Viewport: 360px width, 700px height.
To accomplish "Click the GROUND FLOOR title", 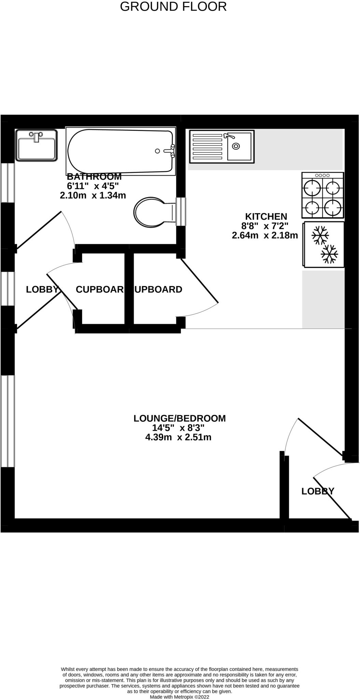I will point(173,6).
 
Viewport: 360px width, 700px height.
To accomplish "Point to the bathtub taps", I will point(172,151).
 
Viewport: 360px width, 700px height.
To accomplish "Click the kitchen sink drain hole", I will point(236,146).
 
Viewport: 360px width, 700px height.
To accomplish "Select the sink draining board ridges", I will point(207,147).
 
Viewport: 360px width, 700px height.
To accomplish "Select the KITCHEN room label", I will point(266,216).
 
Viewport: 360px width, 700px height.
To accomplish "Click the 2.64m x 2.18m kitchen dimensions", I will point(265,235).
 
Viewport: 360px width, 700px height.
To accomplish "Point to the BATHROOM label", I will point(94,177).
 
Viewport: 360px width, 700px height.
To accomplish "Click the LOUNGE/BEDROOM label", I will point(179,418).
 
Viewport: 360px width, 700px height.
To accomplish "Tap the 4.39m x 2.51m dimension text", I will point(178,437).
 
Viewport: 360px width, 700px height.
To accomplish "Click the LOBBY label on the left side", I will point(42,290).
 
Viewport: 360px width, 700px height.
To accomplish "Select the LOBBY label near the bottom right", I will point(317,491).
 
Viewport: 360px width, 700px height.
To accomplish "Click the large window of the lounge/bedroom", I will point(8,421).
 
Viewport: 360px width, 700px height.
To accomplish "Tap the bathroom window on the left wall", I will point(8,183).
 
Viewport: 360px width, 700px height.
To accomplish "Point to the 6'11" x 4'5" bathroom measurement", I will point(93,186).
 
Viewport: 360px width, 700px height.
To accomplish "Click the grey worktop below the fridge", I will point(322,299).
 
